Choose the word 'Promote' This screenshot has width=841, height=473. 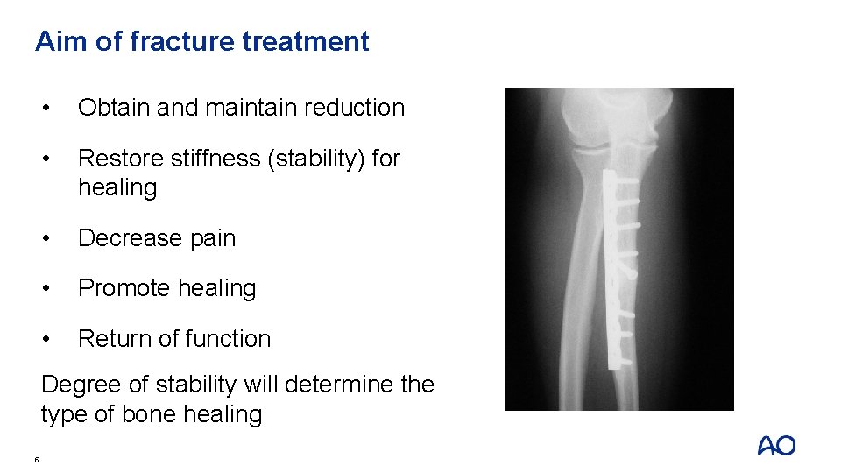click(124, 288)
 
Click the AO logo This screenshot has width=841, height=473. click(776, 446)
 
